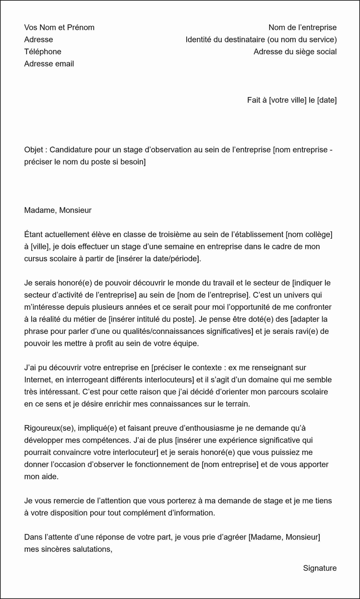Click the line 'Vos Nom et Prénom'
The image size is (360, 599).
59,27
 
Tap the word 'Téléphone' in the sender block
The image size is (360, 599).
43,51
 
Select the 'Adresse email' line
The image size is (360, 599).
49,63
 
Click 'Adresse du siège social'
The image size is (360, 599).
295,51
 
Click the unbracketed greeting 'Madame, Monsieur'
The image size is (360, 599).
58,210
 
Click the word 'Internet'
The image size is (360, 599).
38,380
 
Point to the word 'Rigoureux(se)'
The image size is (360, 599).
47,428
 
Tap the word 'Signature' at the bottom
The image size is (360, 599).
320,568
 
